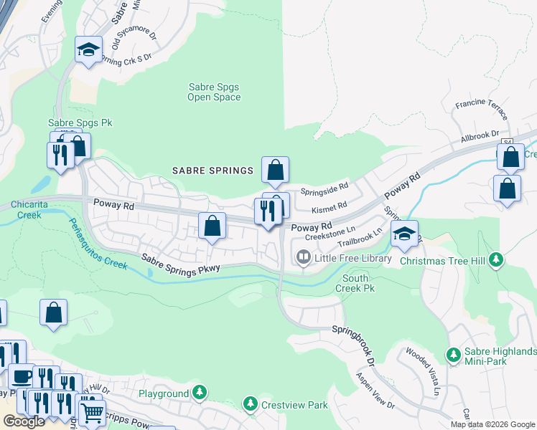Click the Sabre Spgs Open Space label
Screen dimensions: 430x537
pyautogui.click(x=214, y=92)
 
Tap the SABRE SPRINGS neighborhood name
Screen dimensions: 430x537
pyautogui.click(x=213, y=171)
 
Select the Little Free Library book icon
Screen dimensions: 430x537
pyautogui.click(x=304, y=257)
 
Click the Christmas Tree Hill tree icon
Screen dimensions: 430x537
pyautogui.click(x=495, y=259)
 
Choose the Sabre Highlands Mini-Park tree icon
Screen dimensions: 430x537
pyautogui.click(x=453, y=355)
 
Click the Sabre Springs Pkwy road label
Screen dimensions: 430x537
pyautogui.click(x=182, y=263)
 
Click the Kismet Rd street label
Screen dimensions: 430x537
pyautogui.click(x=330, y=208)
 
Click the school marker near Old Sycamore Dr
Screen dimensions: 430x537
pyautogui.click(x=88, y=50)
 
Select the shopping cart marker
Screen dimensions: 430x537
pyautogui.click(x=91, y=413)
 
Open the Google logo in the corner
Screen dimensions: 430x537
pyautogui.click(x=24, y=421)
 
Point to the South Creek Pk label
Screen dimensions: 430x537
pyautogui.click(x=355, y=283)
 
